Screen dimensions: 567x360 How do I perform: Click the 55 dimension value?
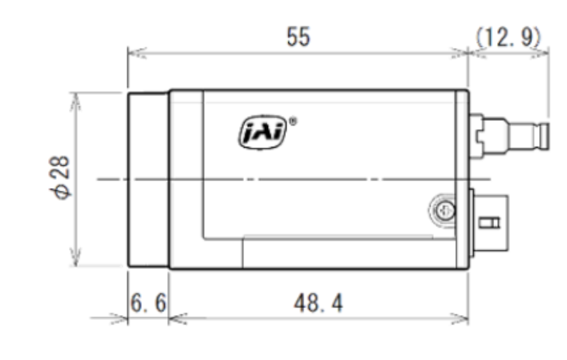pyautogui.click(x=299, y=37)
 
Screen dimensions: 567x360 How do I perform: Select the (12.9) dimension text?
pyautogui.click(x=508, y=37)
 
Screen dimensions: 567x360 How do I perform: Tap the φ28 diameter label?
pyautogui.click(x=60, y=177)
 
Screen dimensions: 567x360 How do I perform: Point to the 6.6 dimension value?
pyautogui.click(x=148, y=303)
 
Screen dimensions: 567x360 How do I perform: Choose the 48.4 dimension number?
pyautogui.click(x=318, y=303)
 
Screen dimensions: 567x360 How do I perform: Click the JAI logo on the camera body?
pyautogui.click(x=263, y=132)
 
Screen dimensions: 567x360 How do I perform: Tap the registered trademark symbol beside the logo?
pyautogui.click(x=293, y=122)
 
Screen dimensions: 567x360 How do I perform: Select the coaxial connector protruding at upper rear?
pyautogui.click(x=509, y=136)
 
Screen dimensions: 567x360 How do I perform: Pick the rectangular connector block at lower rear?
pyautogui.click(x=489, y=223)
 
